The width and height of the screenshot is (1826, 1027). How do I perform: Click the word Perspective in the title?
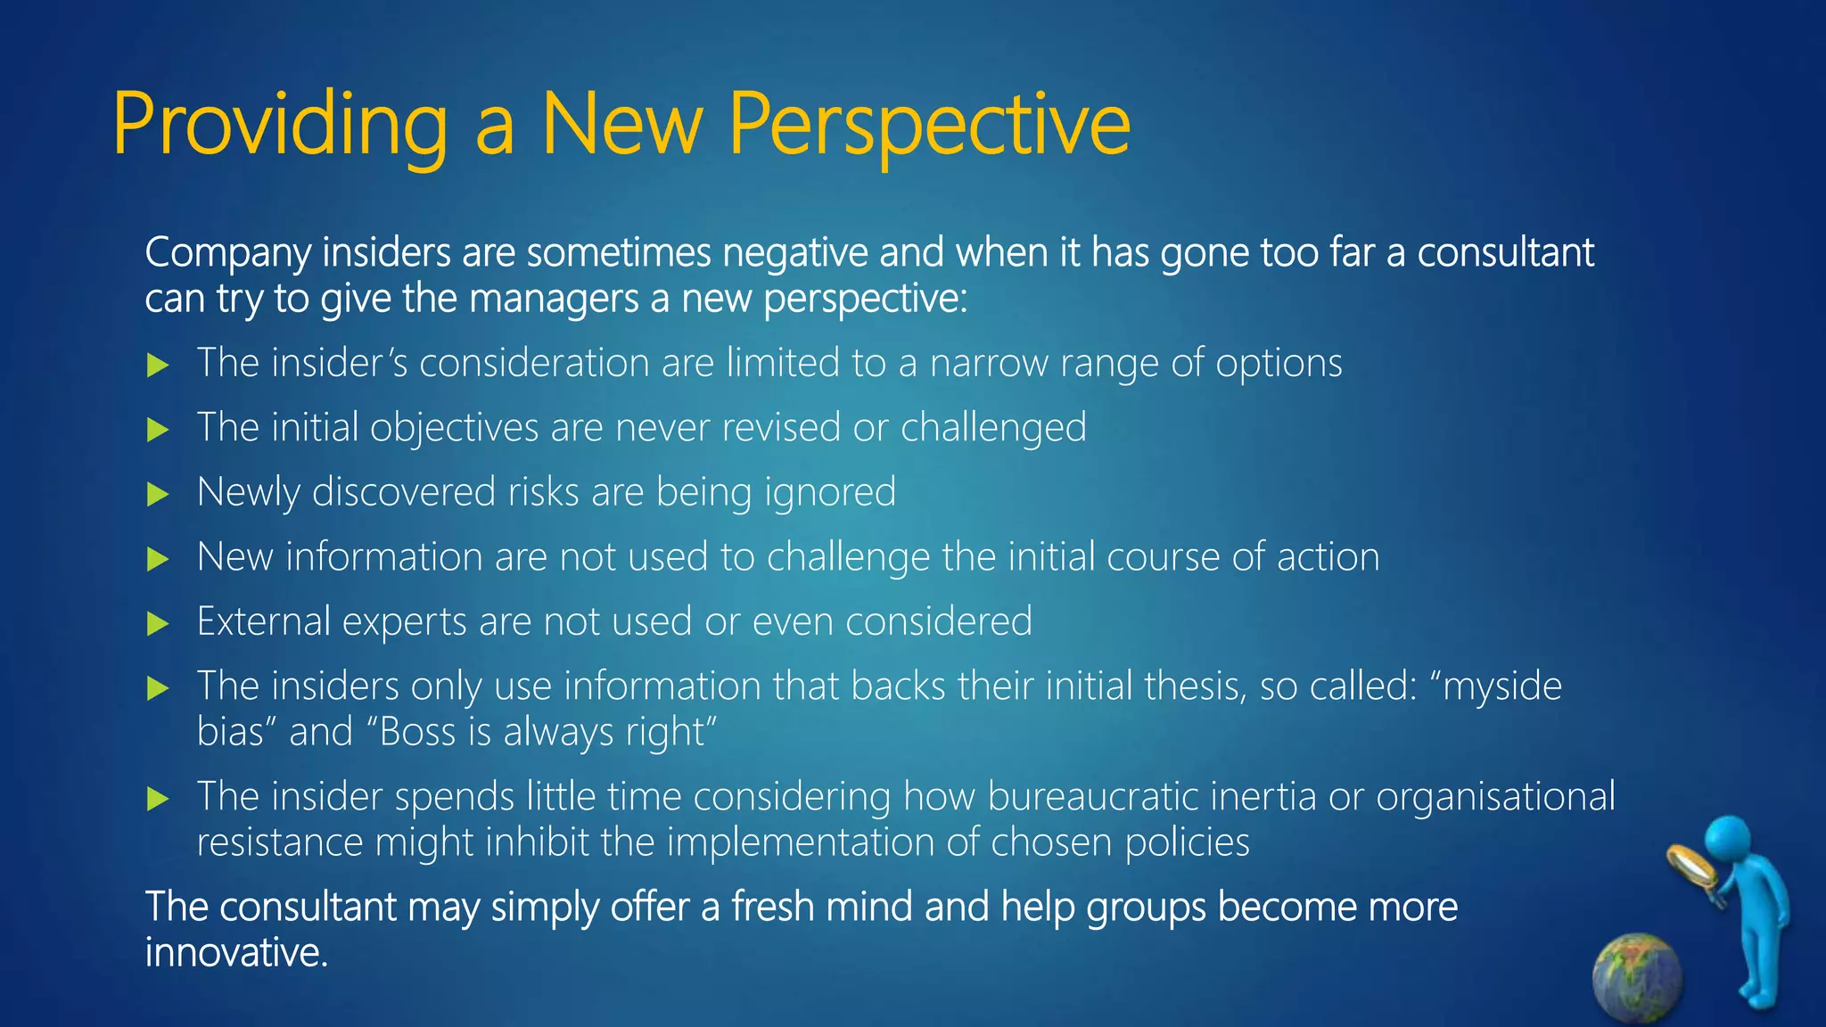(929, 125)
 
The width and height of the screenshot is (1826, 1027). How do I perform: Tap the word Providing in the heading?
(279, 125)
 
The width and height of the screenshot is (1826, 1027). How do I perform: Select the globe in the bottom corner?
(1637, 977)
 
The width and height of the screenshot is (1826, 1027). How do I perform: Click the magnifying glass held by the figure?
(1691, 866)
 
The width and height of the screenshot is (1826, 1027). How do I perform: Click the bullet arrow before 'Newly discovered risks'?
(158, 494)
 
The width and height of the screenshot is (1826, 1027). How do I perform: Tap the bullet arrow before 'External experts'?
(158, 623)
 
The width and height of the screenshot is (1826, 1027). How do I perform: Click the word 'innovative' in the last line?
(235, 953)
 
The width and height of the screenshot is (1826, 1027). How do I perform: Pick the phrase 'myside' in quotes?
(1501, 687)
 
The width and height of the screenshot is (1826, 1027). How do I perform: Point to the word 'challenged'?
(993, 428)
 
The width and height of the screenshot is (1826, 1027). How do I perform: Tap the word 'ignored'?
(830, 493)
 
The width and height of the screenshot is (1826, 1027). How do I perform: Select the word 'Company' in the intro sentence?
(228, 254)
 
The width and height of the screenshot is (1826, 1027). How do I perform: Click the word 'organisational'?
(1494, 796)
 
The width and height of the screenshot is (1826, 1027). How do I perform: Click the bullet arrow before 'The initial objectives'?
(158, 430)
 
